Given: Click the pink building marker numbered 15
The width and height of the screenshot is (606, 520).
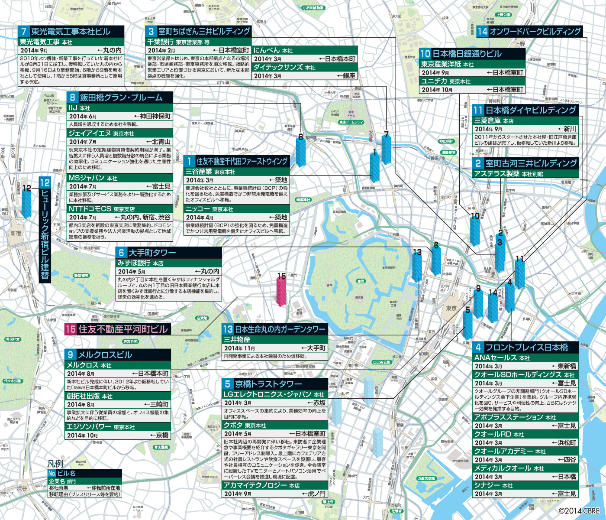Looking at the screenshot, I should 281,290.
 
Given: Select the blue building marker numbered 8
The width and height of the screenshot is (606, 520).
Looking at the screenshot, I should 300,152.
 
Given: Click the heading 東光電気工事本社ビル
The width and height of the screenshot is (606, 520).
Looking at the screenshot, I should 71,32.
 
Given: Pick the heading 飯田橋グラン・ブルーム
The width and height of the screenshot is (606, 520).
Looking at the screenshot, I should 121,97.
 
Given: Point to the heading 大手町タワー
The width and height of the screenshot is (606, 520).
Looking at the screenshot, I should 152,253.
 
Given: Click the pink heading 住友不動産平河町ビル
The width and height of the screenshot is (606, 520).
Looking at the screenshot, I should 122,329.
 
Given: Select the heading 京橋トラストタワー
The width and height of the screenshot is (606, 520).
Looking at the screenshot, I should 268,384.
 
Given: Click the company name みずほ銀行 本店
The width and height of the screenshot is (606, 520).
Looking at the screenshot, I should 140,263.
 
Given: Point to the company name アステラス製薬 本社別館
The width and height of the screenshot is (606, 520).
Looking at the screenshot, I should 508,174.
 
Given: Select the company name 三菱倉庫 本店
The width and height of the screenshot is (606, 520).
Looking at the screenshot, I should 493,121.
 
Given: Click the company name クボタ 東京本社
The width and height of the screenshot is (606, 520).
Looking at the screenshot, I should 245,426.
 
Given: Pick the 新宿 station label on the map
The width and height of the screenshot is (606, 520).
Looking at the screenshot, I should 16,234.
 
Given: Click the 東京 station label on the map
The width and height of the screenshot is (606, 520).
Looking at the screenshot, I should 451,308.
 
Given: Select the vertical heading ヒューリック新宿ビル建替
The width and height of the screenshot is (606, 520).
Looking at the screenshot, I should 45,230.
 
